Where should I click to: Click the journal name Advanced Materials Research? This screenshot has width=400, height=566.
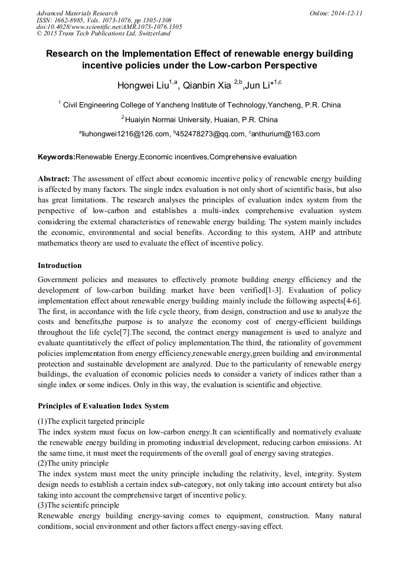pyautogui.click(x=77, y=12)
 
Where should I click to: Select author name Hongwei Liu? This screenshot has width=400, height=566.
pyautogui.click(x=143, y=86)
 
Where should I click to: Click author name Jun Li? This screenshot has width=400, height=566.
pyautogui.click(x=259, y=86)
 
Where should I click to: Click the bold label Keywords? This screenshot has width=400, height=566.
pyautogui.click(x=57, y=157)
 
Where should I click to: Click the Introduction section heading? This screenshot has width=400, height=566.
pyautogui.click(x=60, y=265)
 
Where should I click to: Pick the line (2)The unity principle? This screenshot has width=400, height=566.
pyautogui.click(x=73, y=463)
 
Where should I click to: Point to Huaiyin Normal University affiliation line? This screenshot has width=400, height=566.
pyautogui.click(x=199, y=120)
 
